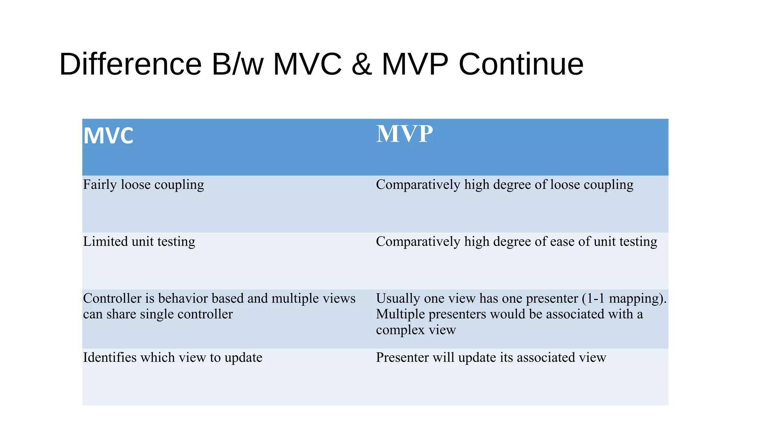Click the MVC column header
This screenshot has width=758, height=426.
click(108, 136)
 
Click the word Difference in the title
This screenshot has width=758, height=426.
click(130, 64)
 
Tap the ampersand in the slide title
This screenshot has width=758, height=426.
click(362, 64)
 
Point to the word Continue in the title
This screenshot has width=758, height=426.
click(521, 64)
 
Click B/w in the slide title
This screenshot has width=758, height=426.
click(237, 64)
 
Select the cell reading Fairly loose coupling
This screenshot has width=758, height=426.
click(144, 185)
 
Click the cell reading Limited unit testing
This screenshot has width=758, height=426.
click(139, 241)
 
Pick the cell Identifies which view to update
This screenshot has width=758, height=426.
click(172, 358)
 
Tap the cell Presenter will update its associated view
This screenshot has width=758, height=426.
click(491, 358)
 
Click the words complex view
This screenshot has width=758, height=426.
click(416, 329)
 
